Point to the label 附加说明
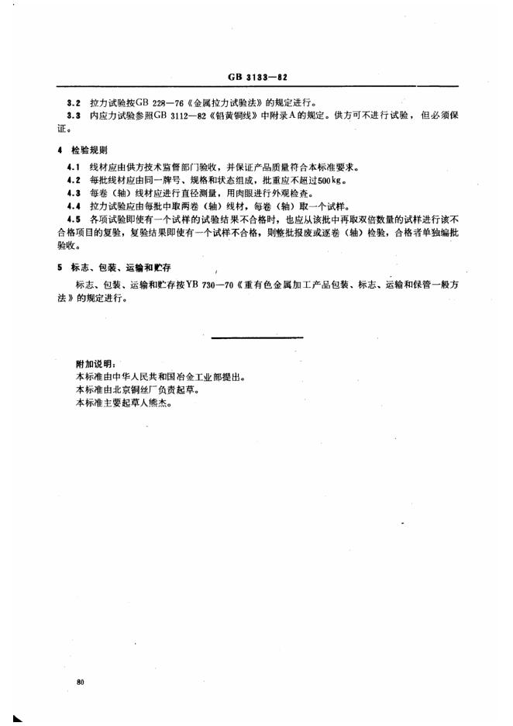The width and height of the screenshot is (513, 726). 95,363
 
